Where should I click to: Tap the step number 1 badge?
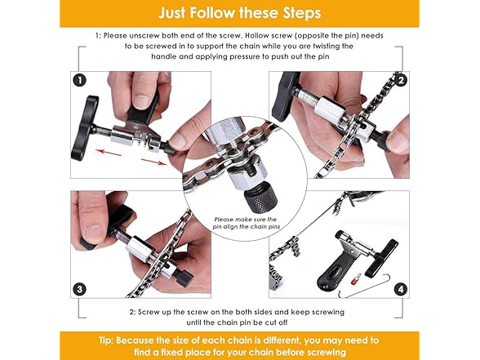pos(80,81)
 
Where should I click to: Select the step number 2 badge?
pos(401,81)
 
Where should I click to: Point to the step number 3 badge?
pos(80,289)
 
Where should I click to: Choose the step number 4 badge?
pos(401,289)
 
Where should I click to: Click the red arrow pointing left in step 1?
pos(109,152)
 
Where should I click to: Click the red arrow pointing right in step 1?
pos(154,162)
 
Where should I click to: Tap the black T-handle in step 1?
pos(84,128)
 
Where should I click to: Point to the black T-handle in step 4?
pos(381,259)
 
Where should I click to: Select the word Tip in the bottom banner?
pos(106,340)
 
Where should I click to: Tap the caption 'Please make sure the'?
pos(246,219)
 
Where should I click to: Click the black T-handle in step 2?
pos(284,96)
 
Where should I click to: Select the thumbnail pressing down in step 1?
pos(141,102)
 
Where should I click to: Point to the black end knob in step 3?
pos(184,278)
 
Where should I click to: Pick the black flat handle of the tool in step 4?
pos(332,269)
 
